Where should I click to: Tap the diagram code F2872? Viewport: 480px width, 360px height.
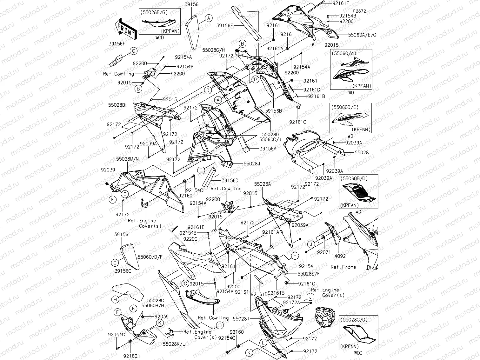359,11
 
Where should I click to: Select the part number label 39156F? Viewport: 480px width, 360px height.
117,44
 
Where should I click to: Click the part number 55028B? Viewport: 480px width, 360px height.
116,104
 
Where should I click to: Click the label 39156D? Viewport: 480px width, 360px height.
230,180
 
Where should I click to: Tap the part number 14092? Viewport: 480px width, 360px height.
339,256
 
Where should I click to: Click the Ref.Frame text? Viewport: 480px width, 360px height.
343,267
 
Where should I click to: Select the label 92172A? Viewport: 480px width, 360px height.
291,302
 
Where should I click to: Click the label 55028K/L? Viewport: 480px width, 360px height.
174,344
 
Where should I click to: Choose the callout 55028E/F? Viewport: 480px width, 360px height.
309,273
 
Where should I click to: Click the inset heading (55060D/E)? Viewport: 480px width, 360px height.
345,107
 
